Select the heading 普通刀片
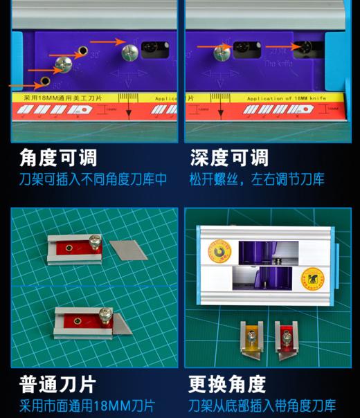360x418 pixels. pos(58,383)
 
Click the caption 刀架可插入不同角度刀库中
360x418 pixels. pos(93,180)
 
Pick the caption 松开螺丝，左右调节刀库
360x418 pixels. pos(258,180)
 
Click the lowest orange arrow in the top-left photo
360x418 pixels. pos(21,85)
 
